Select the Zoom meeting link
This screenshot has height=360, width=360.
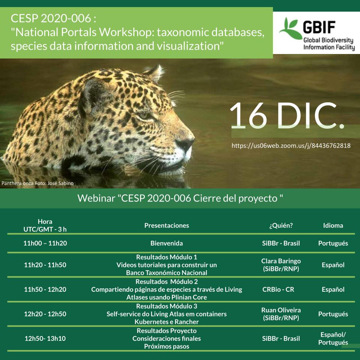(291, 145)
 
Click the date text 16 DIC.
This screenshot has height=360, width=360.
(287, 116)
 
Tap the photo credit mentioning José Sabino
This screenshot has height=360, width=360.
(38, 183)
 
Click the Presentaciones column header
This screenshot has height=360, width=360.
(167, 225)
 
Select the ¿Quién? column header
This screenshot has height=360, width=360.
(281, 225)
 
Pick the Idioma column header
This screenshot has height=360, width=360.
(333, 225)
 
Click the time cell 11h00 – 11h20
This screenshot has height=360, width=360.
(45, 243)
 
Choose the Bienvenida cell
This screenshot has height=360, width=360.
(167, 243)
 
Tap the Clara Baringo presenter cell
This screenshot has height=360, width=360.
(281, 265)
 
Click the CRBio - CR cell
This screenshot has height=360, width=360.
(278, 289)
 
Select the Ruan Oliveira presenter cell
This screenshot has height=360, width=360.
(281, 314)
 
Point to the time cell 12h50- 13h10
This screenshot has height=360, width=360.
(45, 338)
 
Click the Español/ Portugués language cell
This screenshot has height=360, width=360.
(333, 338)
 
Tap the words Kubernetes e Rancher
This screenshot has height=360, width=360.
(167, 322)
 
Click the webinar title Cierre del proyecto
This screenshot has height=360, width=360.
(235, 198)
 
